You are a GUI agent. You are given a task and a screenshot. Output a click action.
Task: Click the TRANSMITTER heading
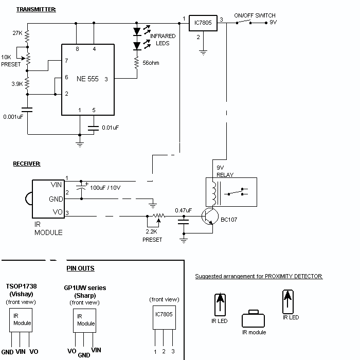[36, 9]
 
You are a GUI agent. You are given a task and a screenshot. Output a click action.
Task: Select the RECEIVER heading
[27, 164]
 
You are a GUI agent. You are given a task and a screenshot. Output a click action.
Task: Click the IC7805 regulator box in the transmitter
[203, 23]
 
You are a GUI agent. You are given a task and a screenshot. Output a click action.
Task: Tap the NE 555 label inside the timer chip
[87, 79]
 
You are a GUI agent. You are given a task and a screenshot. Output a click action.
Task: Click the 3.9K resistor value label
[17, 84]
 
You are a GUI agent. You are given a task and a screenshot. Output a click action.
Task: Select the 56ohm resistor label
[151, 63]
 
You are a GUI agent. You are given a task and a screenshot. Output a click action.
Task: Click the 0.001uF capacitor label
[13, 117]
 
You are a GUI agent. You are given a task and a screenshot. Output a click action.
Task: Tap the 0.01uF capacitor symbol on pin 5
[94, 128]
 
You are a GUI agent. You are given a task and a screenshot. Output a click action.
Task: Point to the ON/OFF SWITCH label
[255, 15]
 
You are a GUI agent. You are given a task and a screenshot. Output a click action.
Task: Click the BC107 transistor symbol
[210, 217]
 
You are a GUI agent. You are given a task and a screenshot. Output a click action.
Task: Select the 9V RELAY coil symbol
[214, 193]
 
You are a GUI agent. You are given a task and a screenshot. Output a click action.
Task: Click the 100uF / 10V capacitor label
[105, 188]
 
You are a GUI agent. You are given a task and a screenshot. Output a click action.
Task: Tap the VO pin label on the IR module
[58, 212]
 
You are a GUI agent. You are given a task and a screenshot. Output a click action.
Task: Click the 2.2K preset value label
[152, 231]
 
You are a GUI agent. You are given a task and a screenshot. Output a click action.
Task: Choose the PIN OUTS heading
[80, 268]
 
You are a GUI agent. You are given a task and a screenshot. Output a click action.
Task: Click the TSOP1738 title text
[22, 286]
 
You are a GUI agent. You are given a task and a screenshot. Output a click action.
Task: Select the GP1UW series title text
[85, 288]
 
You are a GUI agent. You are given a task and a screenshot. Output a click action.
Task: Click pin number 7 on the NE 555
[66, 61]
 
